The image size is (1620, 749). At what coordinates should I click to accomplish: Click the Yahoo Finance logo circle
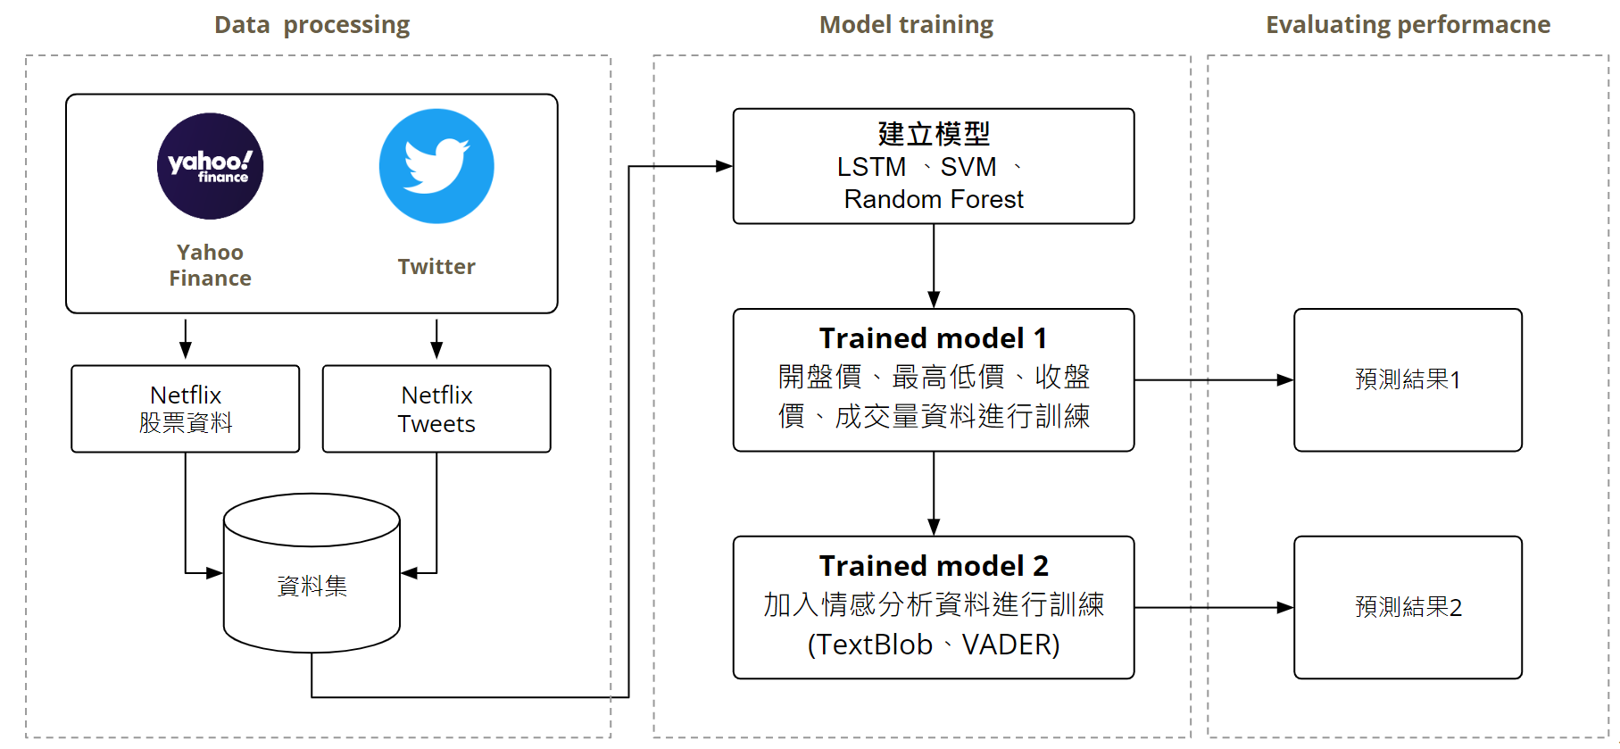210,166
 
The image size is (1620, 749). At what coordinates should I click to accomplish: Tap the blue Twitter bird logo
436,166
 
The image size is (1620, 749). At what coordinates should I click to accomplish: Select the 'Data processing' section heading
312,25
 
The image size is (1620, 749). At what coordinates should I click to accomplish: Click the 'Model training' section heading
906,25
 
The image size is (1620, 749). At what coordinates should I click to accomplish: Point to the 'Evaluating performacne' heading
1408,25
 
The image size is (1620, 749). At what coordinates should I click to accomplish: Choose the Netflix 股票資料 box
186,409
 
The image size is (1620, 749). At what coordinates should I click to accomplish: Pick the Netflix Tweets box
436,409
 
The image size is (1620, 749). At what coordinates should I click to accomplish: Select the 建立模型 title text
934,134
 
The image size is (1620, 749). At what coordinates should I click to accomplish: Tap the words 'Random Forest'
934,199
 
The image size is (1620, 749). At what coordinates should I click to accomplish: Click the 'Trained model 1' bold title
934,338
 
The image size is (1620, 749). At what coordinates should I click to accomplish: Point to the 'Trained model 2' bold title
934,566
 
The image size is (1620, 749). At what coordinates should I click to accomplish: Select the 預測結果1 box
1408,380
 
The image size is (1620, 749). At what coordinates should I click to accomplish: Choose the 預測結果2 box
1408,608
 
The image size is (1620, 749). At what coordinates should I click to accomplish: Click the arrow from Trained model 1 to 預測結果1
1214,380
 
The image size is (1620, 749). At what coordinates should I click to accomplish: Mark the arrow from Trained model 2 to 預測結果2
1214,608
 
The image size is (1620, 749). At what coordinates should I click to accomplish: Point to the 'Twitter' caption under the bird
436,267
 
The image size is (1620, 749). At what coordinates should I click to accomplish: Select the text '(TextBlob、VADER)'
934,645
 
